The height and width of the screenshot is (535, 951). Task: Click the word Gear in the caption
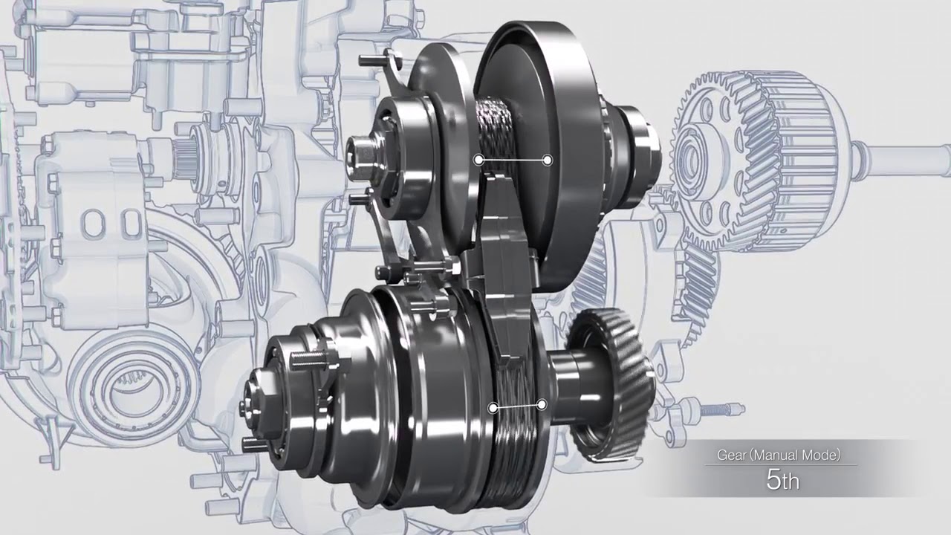click(732, 455)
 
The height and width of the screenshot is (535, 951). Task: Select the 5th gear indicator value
click(782, 480)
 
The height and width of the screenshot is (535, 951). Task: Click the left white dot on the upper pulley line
click(479, 160)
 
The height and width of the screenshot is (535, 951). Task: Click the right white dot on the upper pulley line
click(548, 160)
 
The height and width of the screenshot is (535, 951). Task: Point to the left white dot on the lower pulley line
click(493, 408)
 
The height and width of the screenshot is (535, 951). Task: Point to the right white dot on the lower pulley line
click(542, 405)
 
